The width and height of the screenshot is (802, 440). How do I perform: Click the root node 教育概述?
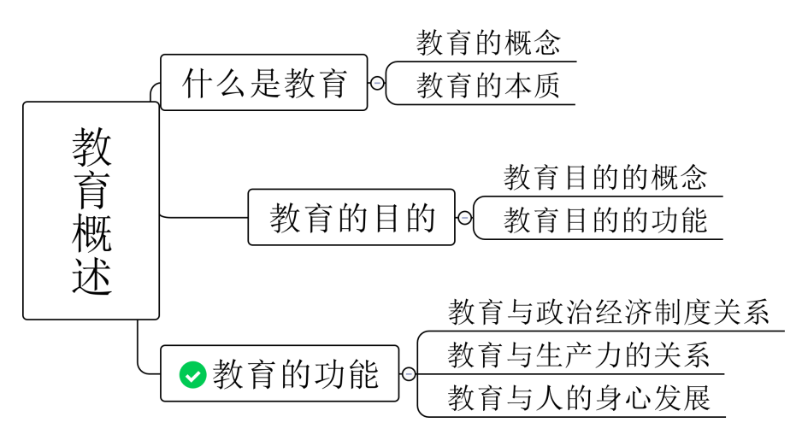pos(91,210)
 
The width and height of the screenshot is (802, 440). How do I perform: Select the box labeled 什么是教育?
pos(263,83)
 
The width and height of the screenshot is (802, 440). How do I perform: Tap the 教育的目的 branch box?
pos(351,218)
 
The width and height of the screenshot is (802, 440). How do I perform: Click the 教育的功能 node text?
pos(296,374)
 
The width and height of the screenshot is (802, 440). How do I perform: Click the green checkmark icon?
pos(192,374)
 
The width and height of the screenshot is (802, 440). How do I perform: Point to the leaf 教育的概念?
pos(488,43)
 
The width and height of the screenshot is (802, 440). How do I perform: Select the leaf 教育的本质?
pos(488,86)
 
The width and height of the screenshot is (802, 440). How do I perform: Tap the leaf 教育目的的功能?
pos(605,220)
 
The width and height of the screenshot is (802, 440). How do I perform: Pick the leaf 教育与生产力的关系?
pos(579,355)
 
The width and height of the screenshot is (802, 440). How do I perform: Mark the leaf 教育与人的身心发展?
pos(579,399)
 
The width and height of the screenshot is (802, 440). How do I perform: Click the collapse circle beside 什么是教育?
pos(377,83)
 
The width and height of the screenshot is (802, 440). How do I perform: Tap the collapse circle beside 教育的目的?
pos(464,218)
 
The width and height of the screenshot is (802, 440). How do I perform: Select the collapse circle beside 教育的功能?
pos(409,374)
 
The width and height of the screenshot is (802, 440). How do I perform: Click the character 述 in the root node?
pos(91,276)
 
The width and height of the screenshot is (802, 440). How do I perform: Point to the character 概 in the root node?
pos(91,232)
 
